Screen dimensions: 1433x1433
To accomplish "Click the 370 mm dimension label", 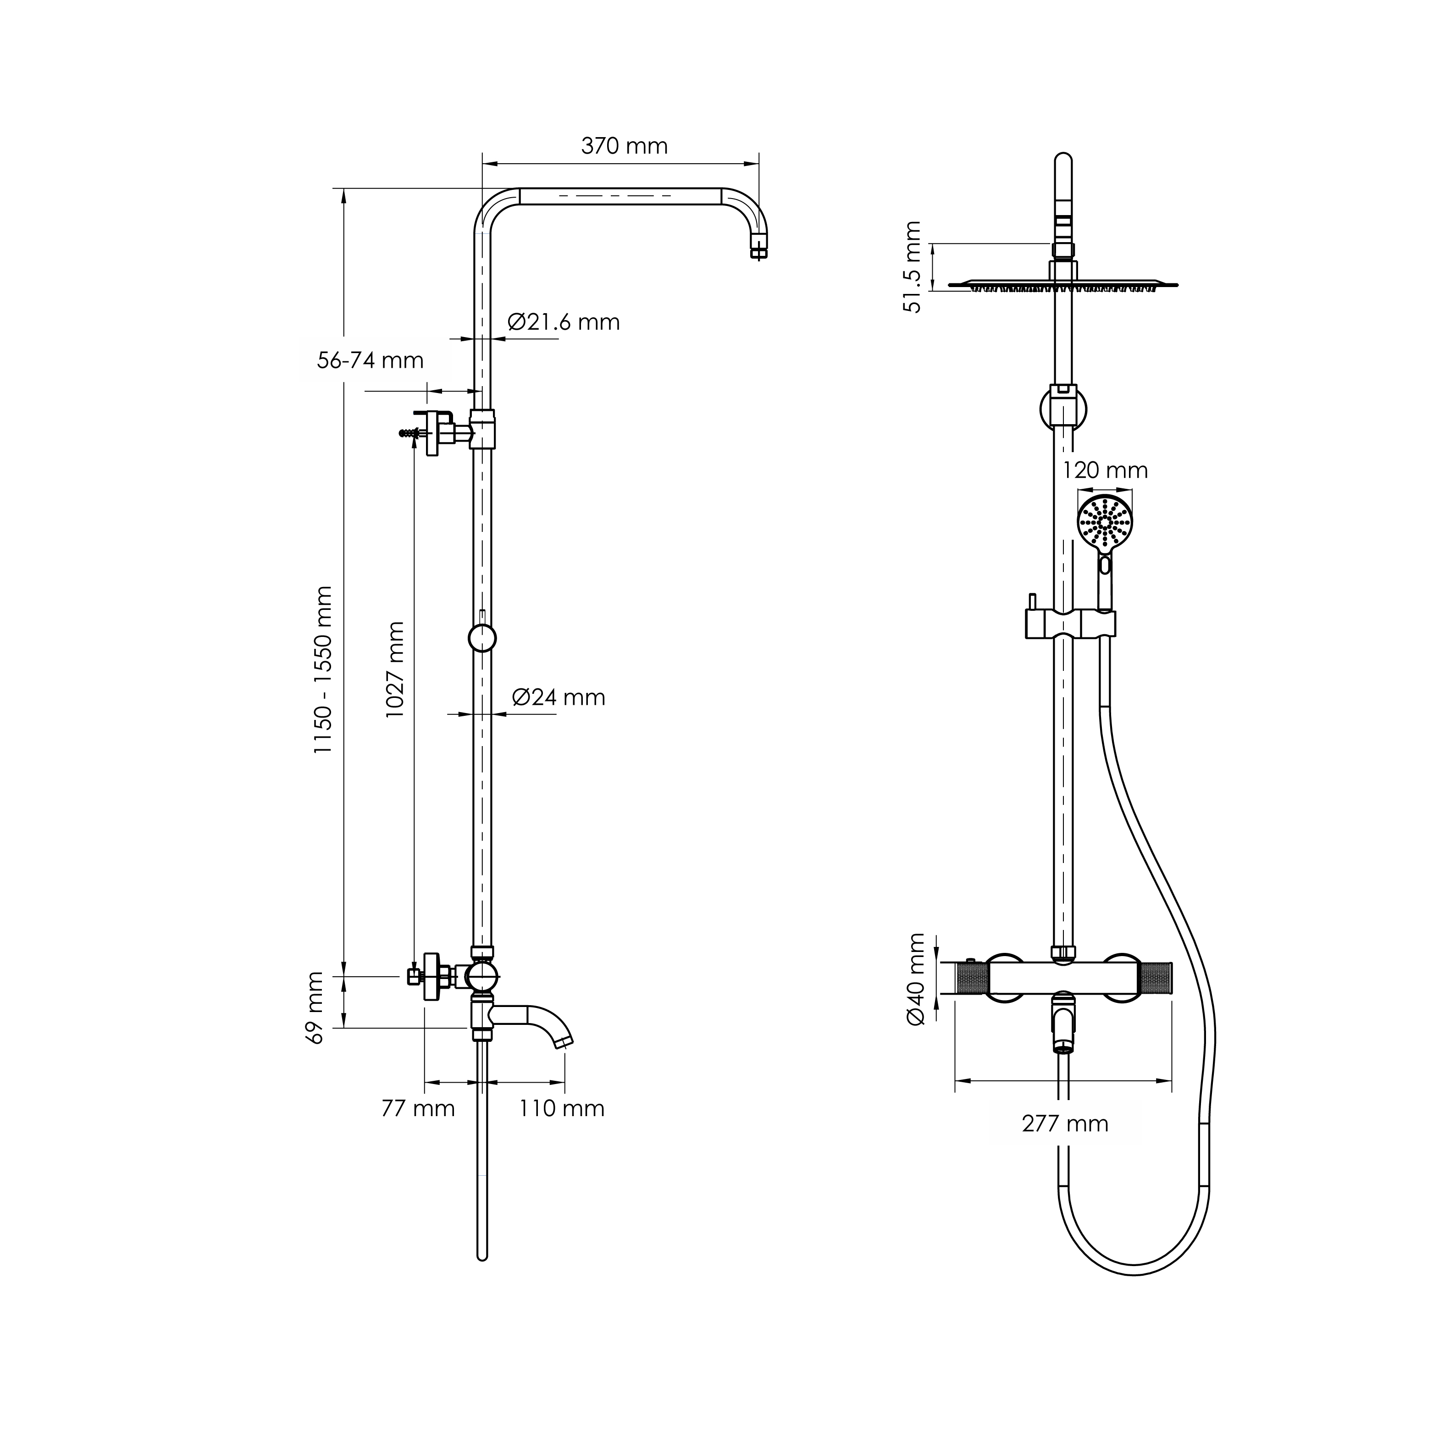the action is [x=625, y=146].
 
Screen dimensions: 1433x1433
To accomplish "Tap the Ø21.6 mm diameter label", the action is [x=564, y=322].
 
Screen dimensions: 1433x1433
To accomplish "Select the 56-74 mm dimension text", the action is [x=370, y=360].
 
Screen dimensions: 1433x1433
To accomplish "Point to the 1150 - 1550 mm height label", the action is [x=323, y=670].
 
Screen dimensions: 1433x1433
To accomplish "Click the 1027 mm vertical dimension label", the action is [x=395, y=670].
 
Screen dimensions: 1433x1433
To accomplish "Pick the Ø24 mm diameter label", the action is [x=559, y=697].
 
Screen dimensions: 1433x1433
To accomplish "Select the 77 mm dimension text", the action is [x=418, y=1109].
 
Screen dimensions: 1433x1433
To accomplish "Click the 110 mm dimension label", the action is [x=561, y=1109].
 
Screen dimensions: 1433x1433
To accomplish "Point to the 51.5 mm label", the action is [x=913, y=267].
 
